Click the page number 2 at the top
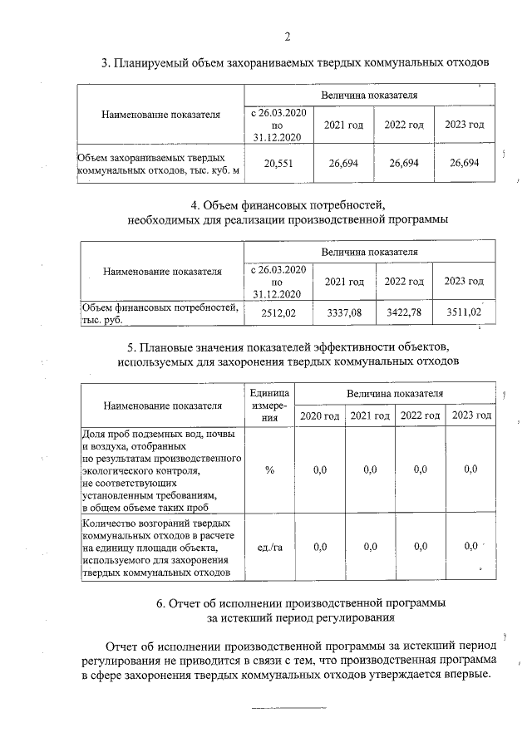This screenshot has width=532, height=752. [x=288, y=37]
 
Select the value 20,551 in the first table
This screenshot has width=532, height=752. [x=280, y=165]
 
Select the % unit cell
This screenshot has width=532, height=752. [x=269, y=470]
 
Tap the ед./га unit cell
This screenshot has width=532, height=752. [x=269, y=547]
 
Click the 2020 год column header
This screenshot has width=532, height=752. [x=319, y=415]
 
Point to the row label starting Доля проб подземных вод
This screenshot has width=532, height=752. [x=160, y=470]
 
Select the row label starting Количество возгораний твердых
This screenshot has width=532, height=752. [x=160, y=547]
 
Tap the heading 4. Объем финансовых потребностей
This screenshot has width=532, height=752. [x=288, y=204]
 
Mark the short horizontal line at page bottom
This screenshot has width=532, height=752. [x=288, y=708]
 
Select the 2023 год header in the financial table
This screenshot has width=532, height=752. [x=464, y=283]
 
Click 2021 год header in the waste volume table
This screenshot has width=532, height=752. [x=343, y=125]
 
